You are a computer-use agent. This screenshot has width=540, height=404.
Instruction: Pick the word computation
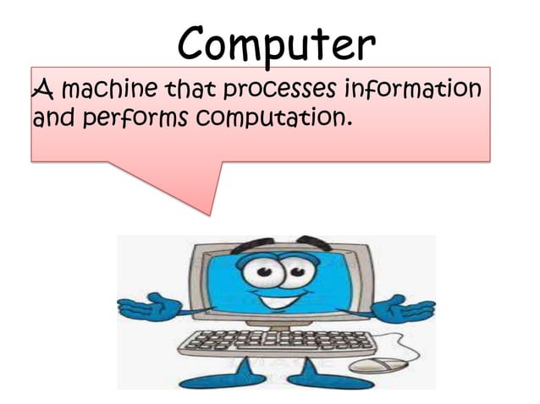[x=272, y=119]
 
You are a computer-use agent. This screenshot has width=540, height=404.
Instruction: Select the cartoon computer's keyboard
[x=279, y=342]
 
